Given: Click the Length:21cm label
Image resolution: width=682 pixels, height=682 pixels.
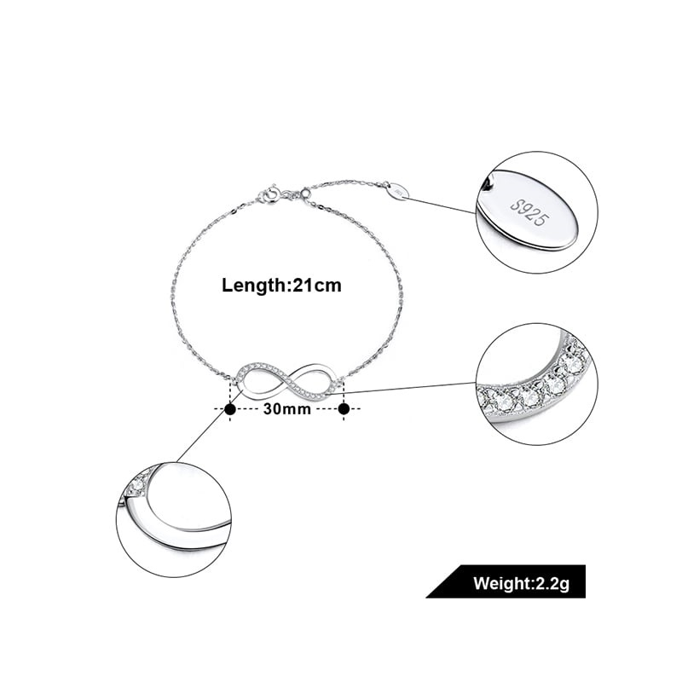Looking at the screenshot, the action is pyautogui.click(x=281, y=286).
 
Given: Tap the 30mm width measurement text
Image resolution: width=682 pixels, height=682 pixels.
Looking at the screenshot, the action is pyautogui.click(x=287, y=409).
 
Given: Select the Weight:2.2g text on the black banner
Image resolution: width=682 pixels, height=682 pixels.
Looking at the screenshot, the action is pyautogui.click(x=521, y=583).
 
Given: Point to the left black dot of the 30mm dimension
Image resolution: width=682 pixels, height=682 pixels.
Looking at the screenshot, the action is pyautogui.click(x=230, y=409).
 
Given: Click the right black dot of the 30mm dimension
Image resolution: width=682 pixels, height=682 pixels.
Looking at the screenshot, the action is pyautogui.click(x=344, y=409).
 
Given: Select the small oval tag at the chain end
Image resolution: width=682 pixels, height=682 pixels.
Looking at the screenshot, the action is pyautogui.click(x=398, y=191).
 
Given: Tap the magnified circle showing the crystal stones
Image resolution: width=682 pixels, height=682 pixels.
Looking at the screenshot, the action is pyautogui.click(x=538, y=384).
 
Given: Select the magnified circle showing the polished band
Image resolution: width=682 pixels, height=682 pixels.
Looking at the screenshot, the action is pyautogui.click(x=174, y=519).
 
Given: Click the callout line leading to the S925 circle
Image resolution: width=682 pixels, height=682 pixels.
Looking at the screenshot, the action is pyautogui.click(x=442, y=205).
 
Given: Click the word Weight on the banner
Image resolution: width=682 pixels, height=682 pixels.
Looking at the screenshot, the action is pyautogui.click(x=500, y=583).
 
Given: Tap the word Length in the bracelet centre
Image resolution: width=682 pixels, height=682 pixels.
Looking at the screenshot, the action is pyautogui.click(x=253, y=286).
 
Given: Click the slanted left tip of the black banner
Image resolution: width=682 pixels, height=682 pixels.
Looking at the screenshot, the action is pyautogui.click(x=426, y=598).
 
